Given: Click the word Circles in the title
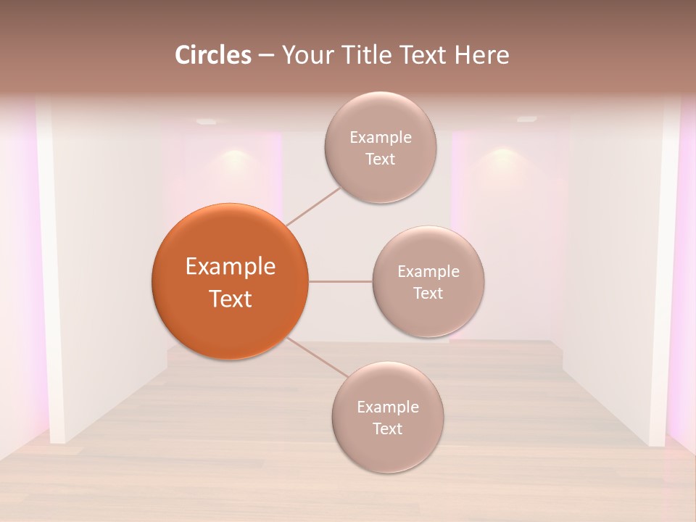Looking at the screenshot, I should [x=213, y=55].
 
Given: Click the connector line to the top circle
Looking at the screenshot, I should [x=313, y=206].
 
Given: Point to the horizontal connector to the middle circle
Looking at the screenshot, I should [x=340, y=281].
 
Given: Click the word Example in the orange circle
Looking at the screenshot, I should [x=231, y=267].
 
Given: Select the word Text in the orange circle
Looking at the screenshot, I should [x=231, y=299].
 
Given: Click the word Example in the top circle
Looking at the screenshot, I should [x=381, y=138].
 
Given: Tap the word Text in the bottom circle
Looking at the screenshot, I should [x=387, y=428].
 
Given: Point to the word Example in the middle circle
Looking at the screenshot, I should [x=428, y=272].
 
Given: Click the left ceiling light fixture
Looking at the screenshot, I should [x=207, y=121].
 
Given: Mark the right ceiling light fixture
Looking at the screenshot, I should [x=527, y=119].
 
